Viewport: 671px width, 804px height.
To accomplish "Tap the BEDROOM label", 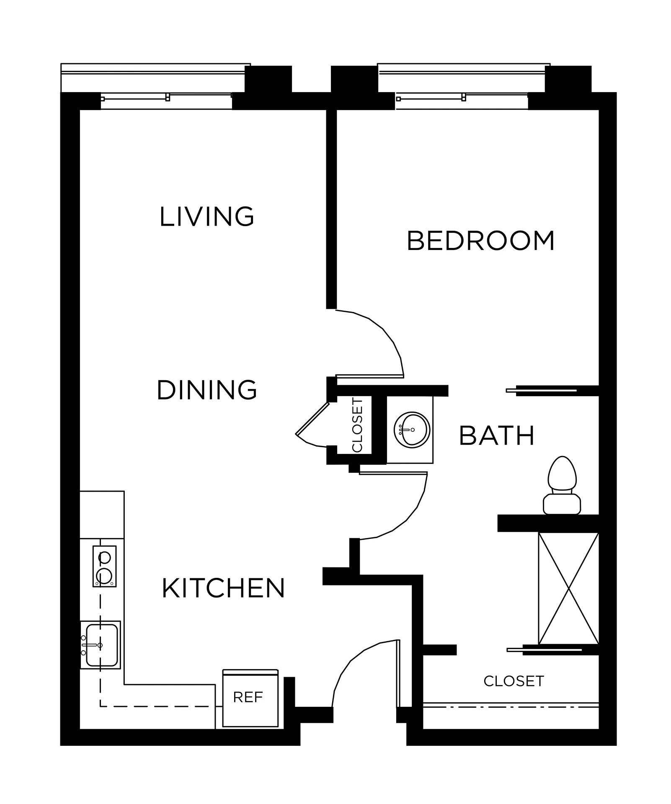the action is (481, 241).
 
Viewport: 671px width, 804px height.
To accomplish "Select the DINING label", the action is (207, 390).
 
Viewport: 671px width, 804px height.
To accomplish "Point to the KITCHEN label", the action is (223, 588).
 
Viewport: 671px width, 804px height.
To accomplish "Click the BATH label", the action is (497, 435).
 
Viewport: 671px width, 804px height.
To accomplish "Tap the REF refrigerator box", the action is (250, 698).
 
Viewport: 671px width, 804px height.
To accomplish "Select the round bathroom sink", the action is (412, 430).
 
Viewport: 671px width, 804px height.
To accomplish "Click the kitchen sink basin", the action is (101, 645).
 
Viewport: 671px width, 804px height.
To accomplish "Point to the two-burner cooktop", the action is (104, 566).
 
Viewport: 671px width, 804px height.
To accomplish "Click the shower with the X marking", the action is (568, 588).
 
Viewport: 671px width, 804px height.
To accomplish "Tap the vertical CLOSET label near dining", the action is (357, 425).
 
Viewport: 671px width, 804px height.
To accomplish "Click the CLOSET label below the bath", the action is (514, 681).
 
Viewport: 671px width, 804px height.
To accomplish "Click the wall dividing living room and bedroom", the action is (331, 209).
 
